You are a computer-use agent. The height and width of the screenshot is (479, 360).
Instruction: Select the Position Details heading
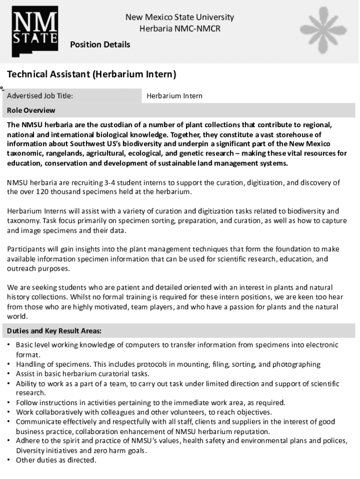(100, 45)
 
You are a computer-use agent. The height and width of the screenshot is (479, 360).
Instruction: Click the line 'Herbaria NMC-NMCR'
(180, 29)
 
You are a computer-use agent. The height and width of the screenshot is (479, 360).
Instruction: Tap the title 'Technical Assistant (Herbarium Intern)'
(91, 74)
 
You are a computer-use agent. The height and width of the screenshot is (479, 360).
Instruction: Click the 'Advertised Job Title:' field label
(40, 96)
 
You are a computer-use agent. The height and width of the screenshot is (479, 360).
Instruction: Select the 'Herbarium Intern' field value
(174, 96)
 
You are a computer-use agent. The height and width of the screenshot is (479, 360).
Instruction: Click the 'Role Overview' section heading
(31, 110)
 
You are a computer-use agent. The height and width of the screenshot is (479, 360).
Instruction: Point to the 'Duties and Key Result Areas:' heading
(54, 331)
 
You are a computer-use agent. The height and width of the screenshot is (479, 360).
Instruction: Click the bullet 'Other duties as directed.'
(56, 460)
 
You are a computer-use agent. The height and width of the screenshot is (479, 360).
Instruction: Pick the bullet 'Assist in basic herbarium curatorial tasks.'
(83, 374)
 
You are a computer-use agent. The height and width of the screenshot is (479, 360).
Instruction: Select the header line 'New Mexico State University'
(180, 18)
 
